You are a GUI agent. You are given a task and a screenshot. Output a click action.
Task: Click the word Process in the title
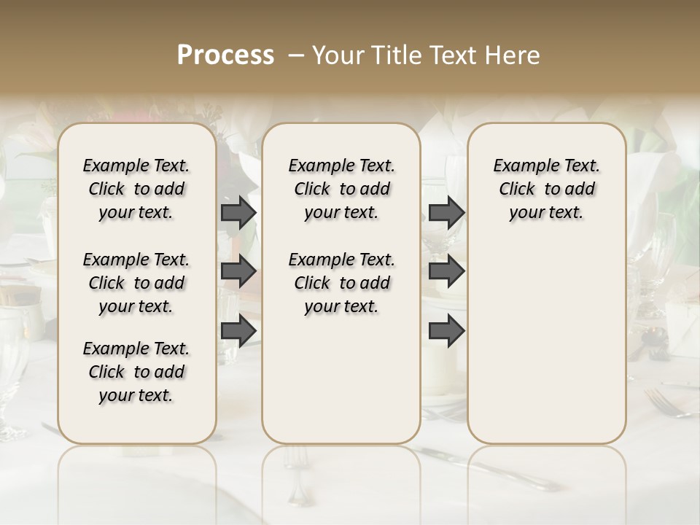[x=225, y=55]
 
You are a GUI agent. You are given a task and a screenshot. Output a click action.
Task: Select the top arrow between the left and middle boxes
[x=238, y=213]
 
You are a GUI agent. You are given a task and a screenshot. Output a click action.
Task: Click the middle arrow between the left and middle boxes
[x=238, y=271]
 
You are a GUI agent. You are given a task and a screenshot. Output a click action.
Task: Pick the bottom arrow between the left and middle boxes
[x=238, y=330]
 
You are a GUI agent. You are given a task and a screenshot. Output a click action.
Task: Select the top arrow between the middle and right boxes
[x=446, y=213]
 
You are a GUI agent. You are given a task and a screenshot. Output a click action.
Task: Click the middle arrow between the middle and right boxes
[x=446, y=271]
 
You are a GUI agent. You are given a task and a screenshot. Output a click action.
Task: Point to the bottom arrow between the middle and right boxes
[x=446, y=330]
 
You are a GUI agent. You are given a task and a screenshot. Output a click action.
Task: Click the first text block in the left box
[x=136, y=189]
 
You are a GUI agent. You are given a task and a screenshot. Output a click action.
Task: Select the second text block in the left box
[x=136, y=283]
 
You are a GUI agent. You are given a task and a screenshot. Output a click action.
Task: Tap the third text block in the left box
[x=136, y=372]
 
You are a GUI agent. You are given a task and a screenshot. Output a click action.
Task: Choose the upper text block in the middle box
[x=341, y=189]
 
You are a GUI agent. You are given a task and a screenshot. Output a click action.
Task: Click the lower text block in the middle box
[x=341, y=283]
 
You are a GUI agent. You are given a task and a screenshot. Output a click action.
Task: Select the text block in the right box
[x=547, y=189]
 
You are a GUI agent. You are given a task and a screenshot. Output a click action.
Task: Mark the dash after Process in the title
[x=296, y=55]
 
